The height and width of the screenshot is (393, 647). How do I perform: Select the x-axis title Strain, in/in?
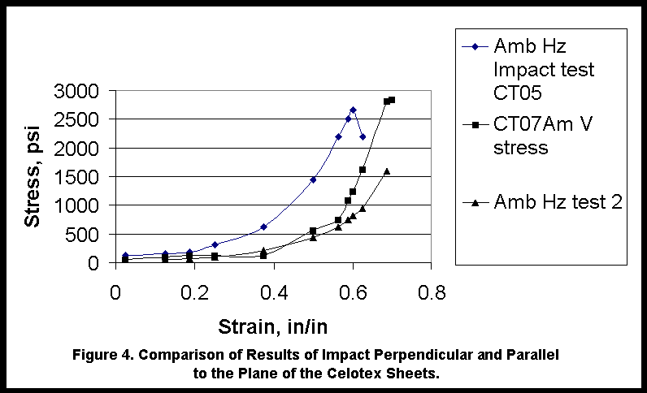272,327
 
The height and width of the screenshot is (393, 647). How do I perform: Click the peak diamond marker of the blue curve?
353,110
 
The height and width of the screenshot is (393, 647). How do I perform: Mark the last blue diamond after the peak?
363,136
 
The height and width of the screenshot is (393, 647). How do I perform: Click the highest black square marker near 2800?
392,100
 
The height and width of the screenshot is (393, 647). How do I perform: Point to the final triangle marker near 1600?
387,171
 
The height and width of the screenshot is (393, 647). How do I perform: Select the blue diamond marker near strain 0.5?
313,179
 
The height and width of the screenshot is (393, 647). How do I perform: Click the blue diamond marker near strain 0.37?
263,227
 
